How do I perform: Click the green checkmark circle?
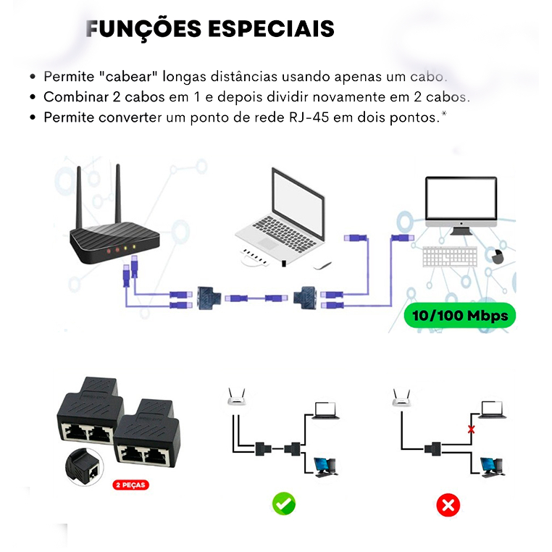click(283, 503)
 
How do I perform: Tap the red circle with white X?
click(449, 504)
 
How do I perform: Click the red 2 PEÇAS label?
click(131, 485)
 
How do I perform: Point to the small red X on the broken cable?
click(472, 429)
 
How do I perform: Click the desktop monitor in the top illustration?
click(461, 206)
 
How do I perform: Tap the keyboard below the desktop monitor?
click(449, 256)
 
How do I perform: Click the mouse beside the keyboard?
click(495, 256)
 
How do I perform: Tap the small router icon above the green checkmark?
click(236, 396)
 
